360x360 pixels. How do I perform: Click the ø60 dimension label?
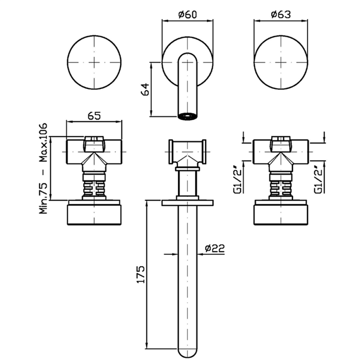(x=187, y=14)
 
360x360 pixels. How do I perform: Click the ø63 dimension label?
(x=281, y=14)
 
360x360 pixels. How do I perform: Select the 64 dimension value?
(x=145, y=89)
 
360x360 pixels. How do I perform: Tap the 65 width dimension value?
(x=94, y=116)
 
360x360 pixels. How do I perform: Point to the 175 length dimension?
(x=141, y=274)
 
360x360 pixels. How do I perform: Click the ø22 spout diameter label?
(x=215, y=248)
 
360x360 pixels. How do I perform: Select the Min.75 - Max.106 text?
(x=43, y=169)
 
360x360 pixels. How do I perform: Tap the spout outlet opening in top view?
(x=187, y=116)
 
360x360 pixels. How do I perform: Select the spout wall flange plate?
(x=187, y=203)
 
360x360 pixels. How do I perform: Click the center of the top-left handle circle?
(x=94, y=62)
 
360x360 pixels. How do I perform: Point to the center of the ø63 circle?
(x=281, y=62)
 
